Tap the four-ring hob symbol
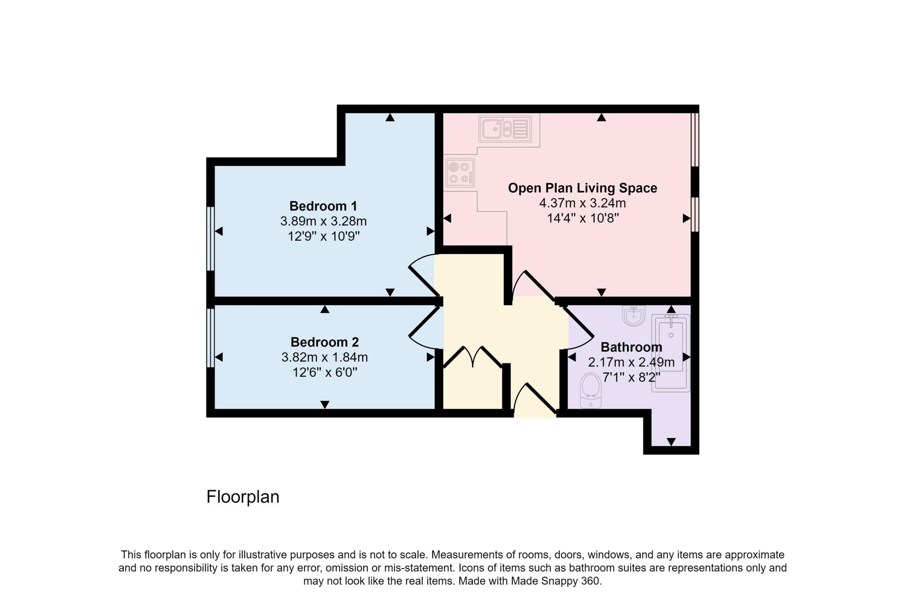[460, 172]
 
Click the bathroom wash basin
[634, 316]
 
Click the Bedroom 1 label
[323, 206]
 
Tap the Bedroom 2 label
[324, 342]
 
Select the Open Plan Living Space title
[582, 188]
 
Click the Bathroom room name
[631, 347]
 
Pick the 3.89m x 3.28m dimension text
[323, 221]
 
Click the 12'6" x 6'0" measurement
[324, 372]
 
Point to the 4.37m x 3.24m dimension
[582, 203]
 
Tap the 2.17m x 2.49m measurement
[631, 363]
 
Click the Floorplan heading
[243, 497]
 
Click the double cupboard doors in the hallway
[473, 357]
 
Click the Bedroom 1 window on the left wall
[211, 239]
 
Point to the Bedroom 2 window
[211, 338]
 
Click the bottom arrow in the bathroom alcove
[671, 442]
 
